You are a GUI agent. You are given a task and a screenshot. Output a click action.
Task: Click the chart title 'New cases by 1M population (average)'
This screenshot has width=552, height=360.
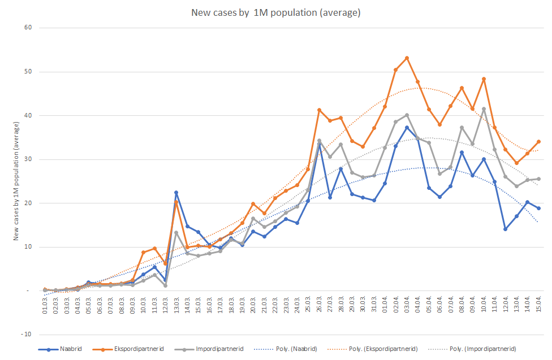click(x=275, y=12)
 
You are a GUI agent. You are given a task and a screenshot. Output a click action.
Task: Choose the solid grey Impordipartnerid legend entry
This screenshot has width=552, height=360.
click(x=217, y=349)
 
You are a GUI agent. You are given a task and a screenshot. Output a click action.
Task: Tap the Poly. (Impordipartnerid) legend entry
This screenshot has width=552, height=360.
click(x=484, y=349)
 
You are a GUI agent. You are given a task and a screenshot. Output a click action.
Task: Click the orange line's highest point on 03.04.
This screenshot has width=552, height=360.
click(x=407, y=58)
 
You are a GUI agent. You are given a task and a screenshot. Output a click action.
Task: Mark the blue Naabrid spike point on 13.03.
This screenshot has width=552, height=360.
click(x=176, y=193)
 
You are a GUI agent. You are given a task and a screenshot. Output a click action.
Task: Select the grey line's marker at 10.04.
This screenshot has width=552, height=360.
click(x=484, y=109)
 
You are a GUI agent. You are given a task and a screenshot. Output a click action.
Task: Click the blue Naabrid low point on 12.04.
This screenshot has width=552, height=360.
click(x=505, y=229)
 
